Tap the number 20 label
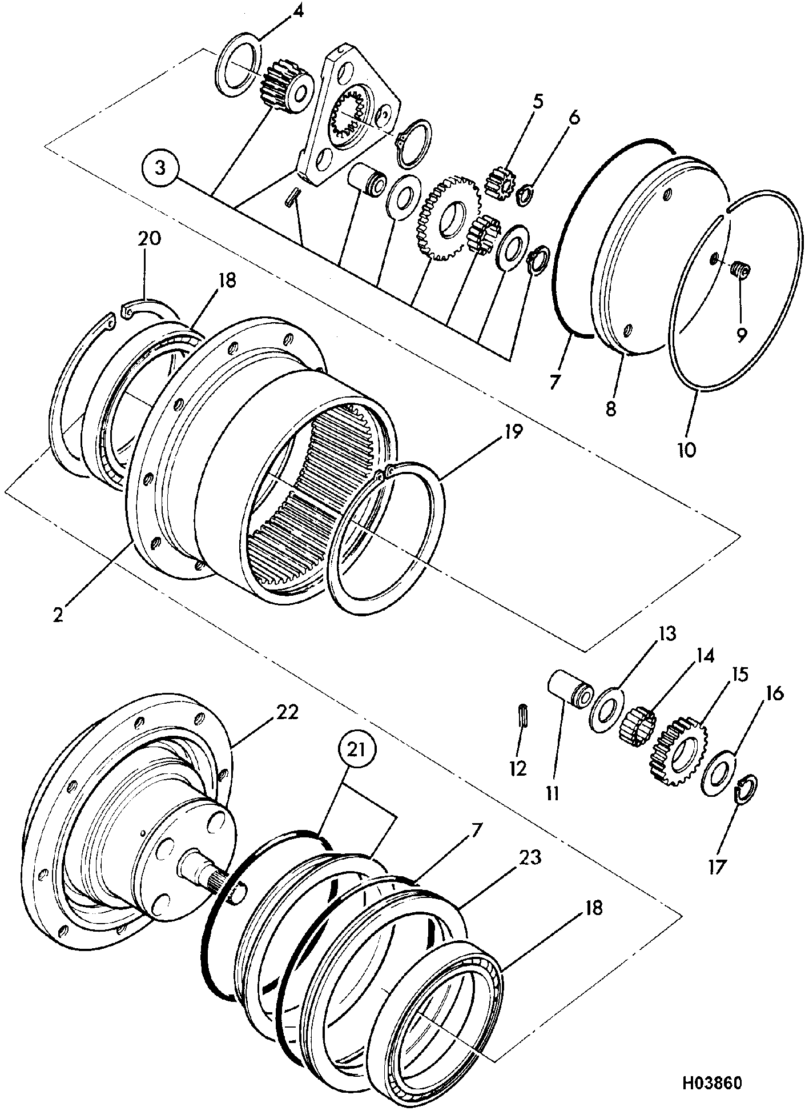point(149,238)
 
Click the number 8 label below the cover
point(611,409)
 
